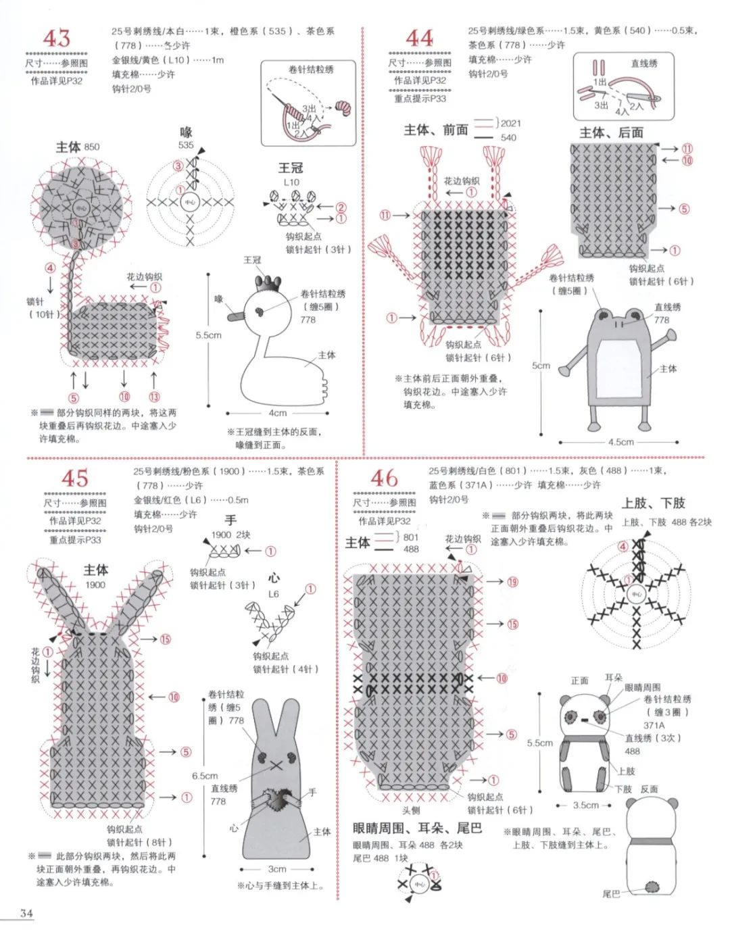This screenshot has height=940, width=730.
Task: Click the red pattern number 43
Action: [56, 39]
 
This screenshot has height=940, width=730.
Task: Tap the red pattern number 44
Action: [419, 38]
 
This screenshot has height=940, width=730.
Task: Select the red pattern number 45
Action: [74, 478]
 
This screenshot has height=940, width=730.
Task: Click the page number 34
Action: [26, 913]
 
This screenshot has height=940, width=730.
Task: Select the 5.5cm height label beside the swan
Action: [208, 335]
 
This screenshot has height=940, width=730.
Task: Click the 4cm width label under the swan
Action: [278, 413]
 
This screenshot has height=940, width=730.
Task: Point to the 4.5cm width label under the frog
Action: [620, 442]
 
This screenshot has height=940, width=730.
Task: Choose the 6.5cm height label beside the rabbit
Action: [204, 776]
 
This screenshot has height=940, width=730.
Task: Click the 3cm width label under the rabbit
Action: [277, 869]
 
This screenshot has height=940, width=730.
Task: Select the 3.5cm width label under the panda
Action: [585, 805]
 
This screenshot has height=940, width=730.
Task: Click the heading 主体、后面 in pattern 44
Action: [611, 132]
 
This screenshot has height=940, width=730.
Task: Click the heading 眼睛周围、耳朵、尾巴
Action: [417, 828]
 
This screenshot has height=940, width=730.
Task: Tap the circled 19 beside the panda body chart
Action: [512, 582]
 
